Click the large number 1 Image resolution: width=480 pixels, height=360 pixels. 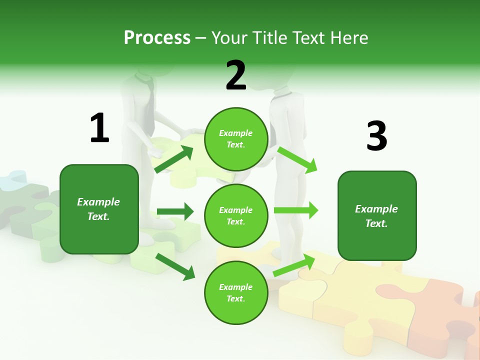(99, 128)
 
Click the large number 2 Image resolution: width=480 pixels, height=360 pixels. (236, 75)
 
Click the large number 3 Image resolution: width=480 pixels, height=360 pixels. (376, 136)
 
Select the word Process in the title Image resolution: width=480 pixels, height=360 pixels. (157, 37)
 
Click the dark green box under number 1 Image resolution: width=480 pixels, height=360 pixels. (99, 209)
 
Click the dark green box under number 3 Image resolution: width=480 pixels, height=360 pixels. (377, 215)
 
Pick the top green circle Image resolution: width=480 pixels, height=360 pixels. (236, 139)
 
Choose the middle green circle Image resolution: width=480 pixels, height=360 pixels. (236, 215)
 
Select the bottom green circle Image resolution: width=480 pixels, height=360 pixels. (236, 292)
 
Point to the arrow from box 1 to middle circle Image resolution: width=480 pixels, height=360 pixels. (175, 211)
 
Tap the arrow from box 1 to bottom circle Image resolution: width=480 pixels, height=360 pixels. (175, 266)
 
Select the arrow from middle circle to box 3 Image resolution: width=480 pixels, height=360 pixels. (295, 210)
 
